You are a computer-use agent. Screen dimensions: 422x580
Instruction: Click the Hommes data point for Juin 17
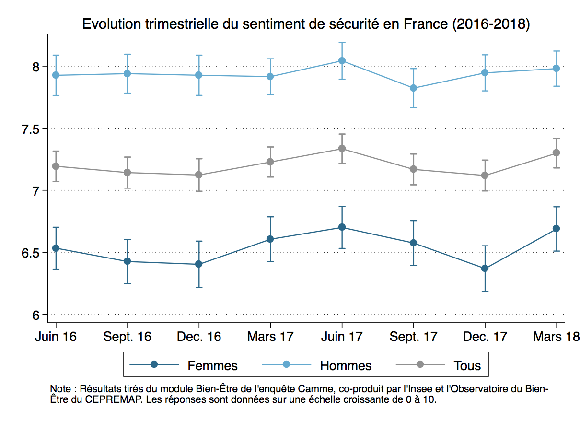342,60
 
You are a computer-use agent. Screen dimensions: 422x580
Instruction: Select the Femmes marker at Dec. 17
485,268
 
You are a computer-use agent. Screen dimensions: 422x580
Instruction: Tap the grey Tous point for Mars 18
557,152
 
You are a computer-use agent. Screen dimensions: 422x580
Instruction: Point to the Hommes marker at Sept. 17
413,88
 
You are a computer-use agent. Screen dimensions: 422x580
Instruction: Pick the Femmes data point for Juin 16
56,248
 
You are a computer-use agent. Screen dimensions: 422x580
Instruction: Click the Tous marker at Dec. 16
199,175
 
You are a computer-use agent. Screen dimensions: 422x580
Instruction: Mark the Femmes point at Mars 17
270,239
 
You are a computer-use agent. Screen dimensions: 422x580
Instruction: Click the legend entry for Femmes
212,366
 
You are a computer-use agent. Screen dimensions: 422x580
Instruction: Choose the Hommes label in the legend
346,366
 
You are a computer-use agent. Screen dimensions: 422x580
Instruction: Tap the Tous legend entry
467,366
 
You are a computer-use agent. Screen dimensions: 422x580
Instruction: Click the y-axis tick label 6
37,315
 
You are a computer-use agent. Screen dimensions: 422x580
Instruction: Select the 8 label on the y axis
37,67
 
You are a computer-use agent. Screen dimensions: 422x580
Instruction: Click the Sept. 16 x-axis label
128,337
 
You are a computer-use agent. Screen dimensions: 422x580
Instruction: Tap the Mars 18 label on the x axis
557,337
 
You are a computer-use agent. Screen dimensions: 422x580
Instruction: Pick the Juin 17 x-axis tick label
342,337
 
